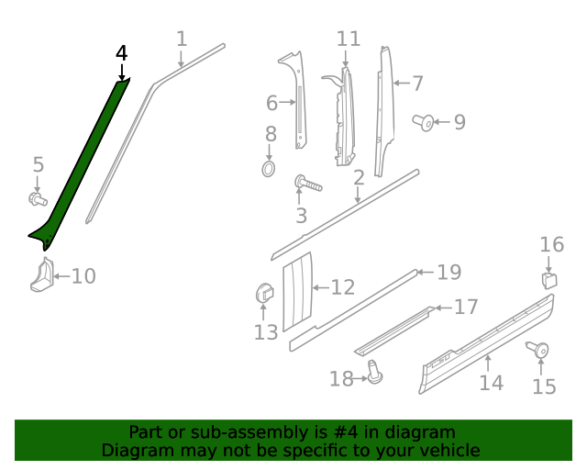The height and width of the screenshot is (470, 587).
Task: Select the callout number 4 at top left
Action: tap(121, 54)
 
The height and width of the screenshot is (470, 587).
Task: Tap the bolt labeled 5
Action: tap(37, 198)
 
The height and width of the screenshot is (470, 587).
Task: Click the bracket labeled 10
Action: tap(41, 275)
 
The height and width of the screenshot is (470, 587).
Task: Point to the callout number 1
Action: tap(181, 39)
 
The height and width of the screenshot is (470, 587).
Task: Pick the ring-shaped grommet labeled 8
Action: tap(269, 169)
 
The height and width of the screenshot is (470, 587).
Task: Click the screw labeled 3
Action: tap(307, 185)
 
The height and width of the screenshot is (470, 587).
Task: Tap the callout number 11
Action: tap(349, 39)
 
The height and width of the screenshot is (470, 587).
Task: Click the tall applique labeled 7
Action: tap(382, 101)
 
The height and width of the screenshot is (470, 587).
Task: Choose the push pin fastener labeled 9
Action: tap(424, 121)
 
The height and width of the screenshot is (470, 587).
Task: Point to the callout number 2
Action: tap(359, 177)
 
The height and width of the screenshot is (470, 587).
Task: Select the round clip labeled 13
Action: tap(263, 294)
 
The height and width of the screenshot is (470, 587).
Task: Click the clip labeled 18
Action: tap(374, 372)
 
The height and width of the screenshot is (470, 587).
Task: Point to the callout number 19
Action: tap(448, 272)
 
